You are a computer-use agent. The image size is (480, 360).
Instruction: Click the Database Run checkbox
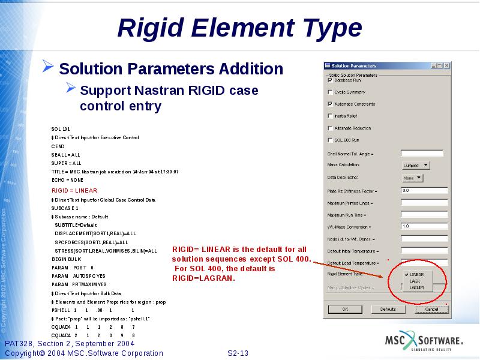click(x=330, y=80)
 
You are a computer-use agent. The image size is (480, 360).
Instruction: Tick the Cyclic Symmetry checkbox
click(x=330, y=92)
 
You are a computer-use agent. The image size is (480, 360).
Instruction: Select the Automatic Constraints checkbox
click(x=330, y=104)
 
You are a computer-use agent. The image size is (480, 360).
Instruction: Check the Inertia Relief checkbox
click(x=330, y=116)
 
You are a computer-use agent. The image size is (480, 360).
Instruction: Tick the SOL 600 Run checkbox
click(x=330, y=140)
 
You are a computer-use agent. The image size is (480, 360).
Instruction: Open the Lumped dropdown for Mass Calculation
click(x=416, y=165)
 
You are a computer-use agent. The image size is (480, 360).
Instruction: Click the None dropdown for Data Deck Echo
click(x=412, y=178)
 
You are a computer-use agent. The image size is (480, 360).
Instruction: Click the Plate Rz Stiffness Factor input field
click(x=424, y=191)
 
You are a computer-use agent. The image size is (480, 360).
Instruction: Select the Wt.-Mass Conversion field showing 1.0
click(x=424, y=226)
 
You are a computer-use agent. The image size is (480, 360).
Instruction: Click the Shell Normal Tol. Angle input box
click(x=421, y=154)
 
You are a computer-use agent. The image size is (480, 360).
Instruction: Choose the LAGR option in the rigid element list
click(x=415, y=280)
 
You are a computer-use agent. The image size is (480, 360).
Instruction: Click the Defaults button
click(x=388, y=309)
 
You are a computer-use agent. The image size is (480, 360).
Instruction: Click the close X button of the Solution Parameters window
click(x=446, y=65)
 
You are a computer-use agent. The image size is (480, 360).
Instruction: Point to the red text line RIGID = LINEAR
click(x=74, y=190)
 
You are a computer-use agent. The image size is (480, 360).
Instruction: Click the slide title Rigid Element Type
click(x=240, y=28)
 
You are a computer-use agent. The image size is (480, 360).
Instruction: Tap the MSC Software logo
click(x=424, y=342)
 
